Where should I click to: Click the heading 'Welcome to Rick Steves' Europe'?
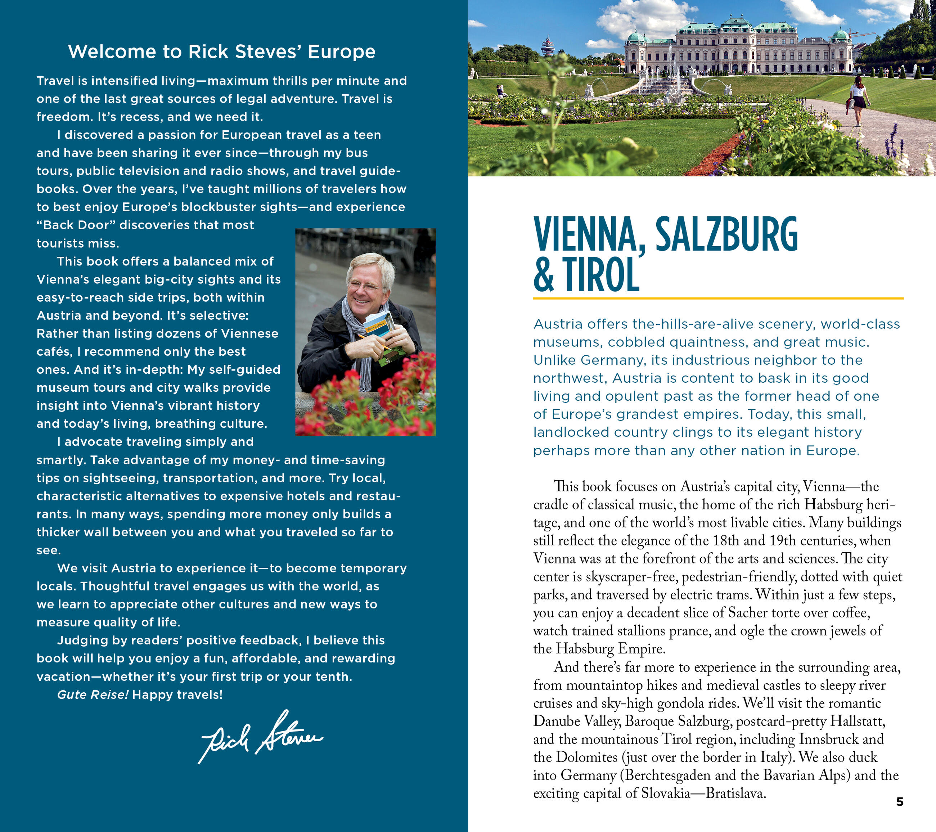[x=222, y=52]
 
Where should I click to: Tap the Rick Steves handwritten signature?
[x=261, y=737]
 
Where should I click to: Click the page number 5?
[x=899, y=802]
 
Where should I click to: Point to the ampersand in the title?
[x=544, y=275]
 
